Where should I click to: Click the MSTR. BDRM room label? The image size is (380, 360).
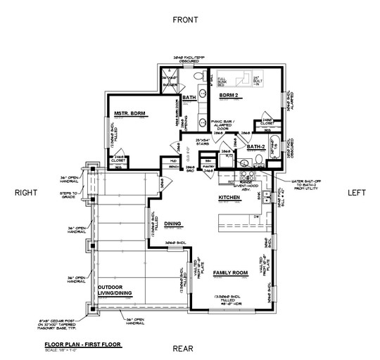(x=130, y=112)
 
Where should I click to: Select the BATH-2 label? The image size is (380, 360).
(x=256, y=147)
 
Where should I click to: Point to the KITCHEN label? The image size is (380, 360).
(x=229, y=198)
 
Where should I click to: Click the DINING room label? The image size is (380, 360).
(x=173, y=224)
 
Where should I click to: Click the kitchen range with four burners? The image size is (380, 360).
(x=246, y=177)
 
